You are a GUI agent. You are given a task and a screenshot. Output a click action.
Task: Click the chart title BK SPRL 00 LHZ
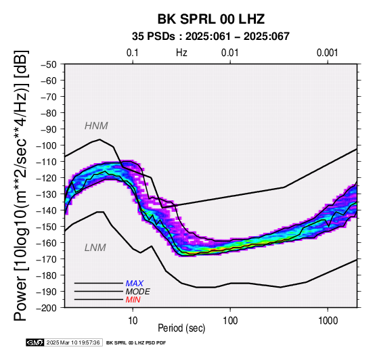(211, 19)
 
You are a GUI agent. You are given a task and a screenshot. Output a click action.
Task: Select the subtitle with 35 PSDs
(211, 37)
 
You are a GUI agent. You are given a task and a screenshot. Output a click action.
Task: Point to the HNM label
(96, 126)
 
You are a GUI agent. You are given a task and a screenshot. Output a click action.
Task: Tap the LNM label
(95, 248)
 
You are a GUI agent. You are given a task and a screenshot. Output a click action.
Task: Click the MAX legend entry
(135, 284)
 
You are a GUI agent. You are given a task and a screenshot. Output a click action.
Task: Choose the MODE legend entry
(138, 292)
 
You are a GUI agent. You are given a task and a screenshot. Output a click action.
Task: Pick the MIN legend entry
(133, 300)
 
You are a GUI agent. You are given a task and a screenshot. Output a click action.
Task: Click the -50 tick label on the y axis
(49, 64)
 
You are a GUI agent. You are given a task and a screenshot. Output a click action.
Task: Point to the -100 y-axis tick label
(46, 145)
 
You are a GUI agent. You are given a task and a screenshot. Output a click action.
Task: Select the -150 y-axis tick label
(46, 227)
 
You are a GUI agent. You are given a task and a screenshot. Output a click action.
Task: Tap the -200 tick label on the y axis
(46, 308)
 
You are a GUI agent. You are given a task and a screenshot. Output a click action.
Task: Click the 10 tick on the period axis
(133, 321)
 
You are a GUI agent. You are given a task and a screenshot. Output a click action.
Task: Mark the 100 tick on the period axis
(230, 321)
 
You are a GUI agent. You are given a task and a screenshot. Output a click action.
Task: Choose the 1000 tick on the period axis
(328, 321)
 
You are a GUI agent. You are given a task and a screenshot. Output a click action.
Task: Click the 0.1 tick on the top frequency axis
(133, 53)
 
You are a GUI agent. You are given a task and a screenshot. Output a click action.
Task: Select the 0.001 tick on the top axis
(328, 53)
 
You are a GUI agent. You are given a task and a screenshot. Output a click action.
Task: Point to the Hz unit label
(181, 53)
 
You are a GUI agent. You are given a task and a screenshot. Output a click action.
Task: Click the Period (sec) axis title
(181, 328)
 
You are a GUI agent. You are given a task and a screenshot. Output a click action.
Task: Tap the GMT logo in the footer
(35, 342)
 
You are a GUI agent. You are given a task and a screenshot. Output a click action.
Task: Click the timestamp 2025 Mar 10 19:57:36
(73, 342)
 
